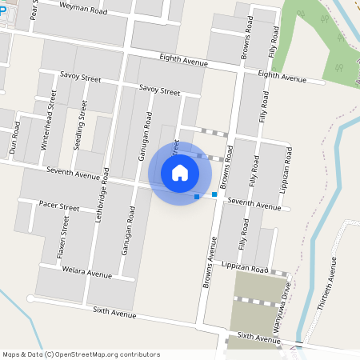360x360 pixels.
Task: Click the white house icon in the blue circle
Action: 180,173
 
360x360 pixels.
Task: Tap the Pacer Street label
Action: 59,206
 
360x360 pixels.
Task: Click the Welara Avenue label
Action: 88,273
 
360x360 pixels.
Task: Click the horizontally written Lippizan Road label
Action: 244,266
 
